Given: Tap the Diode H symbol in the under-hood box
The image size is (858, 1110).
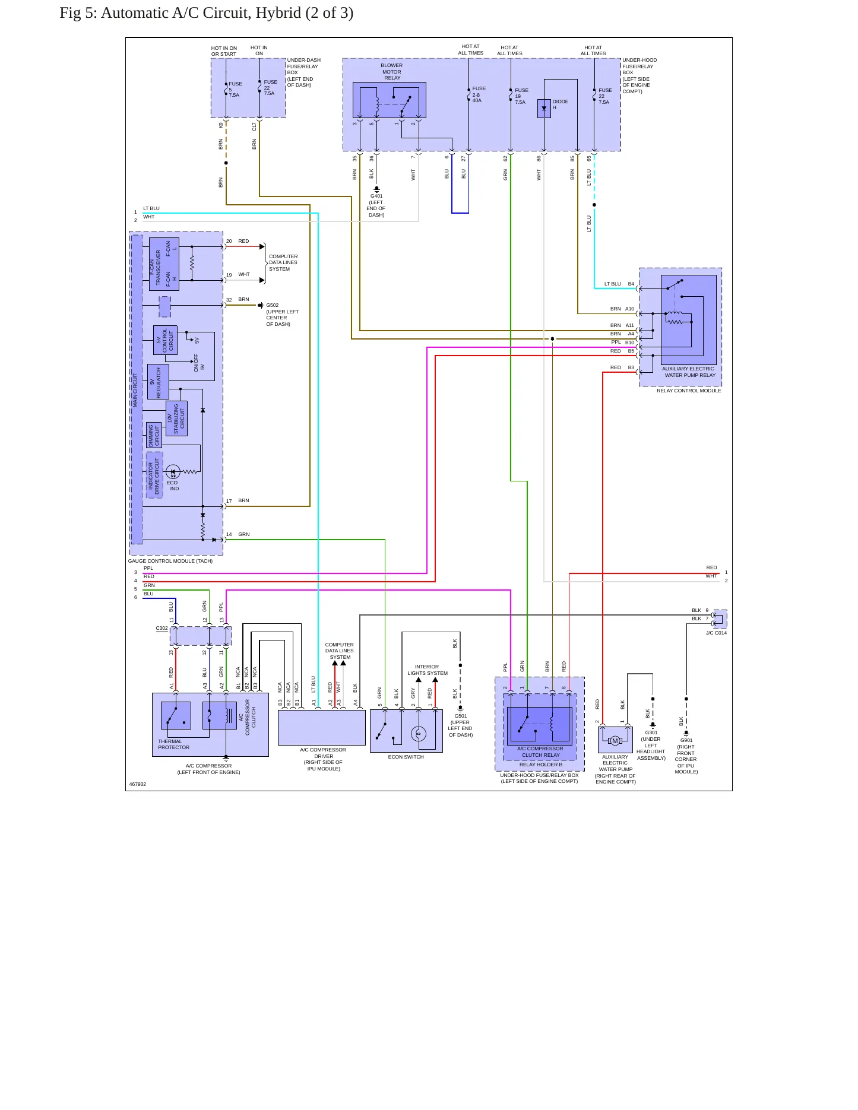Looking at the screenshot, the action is tap(544, 109).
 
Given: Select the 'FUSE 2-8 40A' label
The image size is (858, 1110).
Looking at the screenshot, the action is tap(479, 94).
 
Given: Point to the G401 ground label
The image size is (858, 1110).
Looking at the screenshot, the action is tap(376, 196).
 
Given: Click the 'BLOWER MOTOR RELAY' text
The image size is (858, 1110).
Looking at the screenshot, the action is tap(392, 71).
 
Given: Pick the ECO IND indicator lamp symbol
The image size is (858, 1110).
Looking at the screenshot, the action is tap(173, 472).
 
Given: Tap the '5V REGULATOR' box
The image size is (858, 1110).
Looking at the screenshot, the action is tap(158, 382).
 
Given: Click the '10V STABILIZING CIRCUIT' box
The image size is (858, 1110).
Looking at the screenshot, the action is tap(176, 418).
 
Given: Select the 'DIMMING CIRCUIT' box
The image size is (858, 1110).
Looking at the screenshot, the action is tap(154, 435).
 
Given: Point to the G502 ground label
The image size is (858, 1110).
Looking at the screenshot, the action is tap(273, 305).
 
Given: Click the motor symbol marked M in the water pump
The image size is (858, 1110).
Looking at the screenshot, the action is tap(615, 740).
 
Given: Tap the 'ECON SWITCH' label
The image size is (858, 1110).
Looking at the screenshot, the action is tap(406, 757).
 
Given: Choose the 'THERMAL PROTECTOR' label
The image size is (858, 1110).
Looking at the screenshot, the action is tap(174, 744).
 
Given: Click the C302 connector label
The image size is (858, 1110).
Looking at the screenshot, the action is tap(162, 628).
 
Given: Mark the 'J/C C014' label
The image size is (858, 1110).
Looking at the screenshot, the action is tap(716, 633).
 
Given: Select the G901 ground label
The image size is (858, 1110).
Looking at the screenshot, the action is tap(686, 740).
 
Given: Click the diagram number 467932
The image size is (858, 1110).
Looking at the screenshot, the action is tap(138, 784).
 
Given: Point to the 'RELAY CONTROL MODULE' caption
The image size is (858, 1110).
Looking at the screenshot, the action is tap(689, 391).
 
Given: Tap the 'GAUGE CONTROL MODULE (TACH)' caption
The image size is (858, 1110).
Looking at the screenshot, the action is tap(170, 561).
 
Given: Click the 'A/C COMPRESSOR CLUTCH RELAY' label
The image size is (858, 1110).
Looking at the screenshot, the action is tap(540, 751).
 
